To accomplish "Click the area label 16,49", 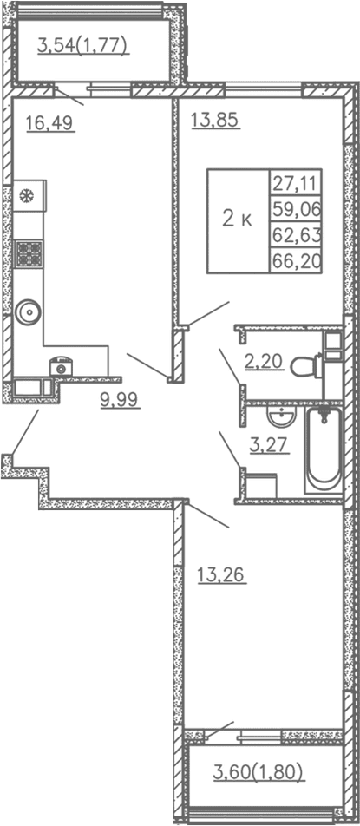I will tap(49, 123).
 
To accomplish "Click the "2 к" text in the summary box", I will tap(237, 220).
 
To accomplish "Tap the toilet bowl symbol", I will tap(304, 366).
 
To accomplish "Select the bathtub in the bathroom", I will tap(324, 449).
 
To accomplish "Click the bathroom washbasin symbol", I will tap(279, 418).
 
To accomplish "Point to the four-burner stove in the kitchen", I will tap(29, 253).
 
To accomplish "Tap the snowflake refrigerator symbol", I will tap(28, 196).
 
